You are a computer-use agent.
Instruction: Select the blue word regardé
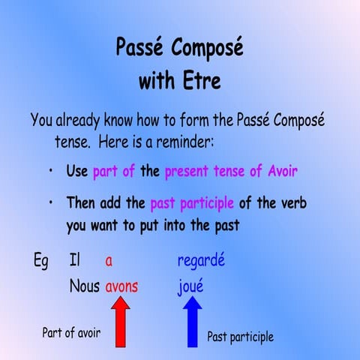201,262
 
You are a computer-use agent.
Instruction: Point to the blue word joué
190,286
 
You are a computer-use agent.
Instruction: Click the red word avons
121,286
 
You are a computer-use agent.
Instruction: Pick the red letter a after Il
109,262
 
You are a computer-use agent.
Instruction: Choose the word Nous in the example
84,286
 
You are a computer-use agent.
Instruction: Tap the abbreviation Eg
42,262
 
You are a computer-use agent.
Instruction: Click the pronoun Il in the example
74,262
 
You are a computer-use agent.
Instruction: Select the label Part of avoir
71,332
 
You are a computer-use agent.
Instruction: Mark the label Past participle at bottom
240,337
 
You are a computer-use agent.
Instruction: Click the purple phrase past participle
192,203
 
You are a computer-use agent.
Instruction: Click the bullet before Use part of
49,171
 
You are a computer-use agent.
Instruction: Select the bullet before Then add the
49,203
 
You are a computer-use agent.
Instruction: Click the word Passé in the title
140,48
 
